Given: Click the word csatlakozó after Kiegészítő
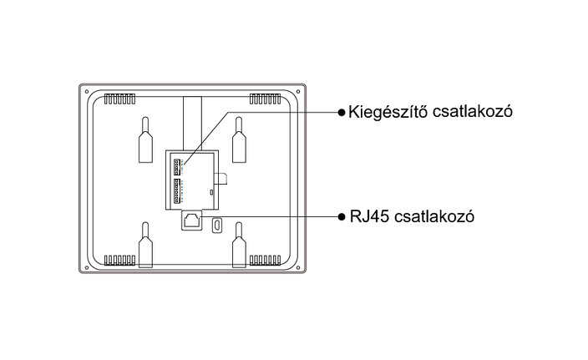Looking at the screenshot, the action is tap(473, 111).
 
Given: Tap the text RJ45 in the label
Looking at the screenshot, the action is tap(369, 216).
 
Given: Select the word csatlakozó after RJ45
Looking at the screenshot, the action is tap(434, 216).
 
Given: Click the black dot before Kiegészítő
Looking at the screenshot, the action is tap(342, 112).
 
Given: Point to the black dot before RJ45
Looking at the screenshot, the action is tap(342, 216).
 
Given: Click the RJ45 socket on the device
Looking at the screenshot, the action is tap(191, 221).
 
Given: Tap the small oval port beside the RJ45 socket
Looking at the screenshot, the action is tap(216, 225).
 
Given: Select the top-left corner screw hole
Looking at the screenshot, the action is tap(87, 92).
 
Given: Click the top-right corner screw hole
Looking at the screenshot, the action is tap(298, 92).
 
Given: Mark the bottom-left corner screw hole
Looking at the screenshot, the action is tap(87, 268).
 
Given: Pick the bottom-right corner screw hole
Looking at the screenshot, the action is tap(298, 268).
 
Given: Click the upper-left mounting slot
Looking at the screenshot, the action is tap(145, 139).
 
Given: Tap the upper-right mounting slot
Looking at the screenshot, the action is tap(239, 139).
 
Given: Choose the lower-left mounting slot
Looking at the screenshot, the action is tap(145, 245).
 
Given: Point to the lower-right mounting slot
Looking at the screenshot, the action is tap(239, 245).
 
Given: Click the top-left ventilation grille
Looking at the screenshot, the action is tap(119, 99).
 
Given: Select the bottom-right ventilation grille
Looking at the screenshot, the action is tap(265, 261).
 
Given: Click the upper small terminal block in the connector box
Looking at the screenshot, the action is tap(177, 167).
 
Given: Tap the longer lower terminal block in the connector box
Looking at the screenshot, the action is tap(177, 191).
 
